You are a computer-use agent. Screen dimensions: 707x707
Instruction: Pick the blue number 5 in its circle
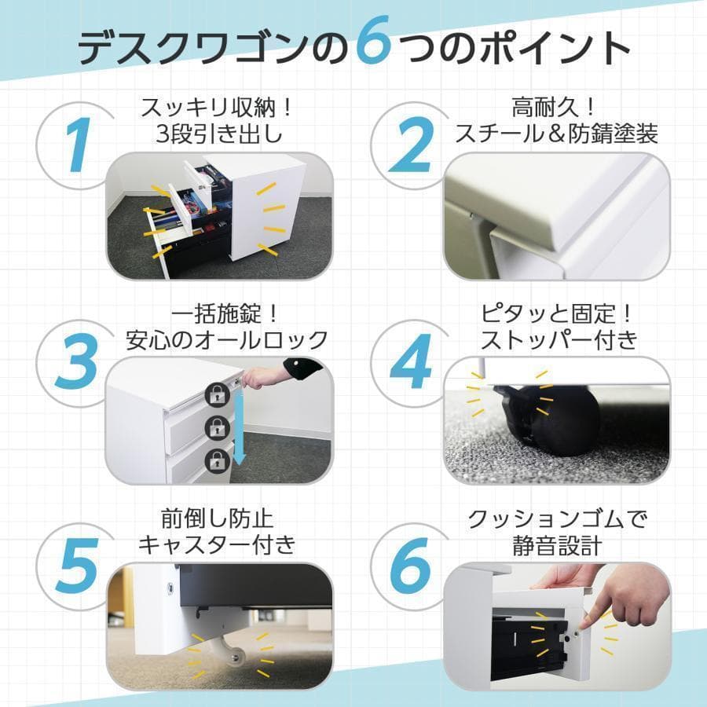coord(76,564)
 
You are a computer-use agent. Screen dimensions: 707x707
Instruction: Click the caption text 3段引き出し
coord(219,133)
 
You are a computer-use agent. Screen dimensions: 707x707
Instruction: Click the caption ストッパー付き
coord(558,339)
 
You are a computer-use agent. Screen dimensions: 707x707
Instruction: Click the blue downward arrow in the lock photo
coord(241,429)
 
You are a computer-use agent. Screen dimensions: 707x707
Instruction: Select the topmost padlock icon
coord(216,396)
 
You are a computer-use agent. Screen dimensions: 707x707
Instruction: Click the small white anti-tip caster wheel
coord(229,651)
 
